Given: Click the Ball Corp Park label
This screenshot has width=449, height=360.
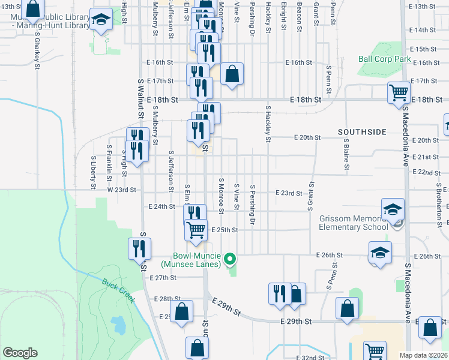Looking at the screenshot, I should pos(384,59).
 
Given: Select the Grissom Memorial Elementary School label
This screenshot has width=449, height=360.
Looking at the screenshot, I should pos(353,223).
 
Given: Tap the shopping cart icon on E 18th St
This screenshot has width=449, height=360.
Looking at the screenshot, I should pos(398,92).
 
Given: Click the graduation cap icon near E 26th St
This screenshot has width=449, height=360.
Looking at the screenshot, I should pos(380,252).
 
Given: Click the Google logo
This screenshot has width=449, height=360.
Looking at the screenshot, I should pos(20,353).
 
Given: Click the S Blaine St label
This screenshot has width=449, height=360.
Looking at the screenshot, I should pos(346,154).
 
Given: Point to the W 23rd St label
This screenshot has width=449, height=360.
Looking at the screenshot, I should pos(122,189).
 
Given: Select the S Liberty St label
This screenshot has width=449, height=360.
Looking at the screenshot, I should pos(94,173).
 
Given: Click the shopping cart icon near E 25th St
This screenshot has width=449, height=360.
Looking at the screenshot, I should pos(196,230).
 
